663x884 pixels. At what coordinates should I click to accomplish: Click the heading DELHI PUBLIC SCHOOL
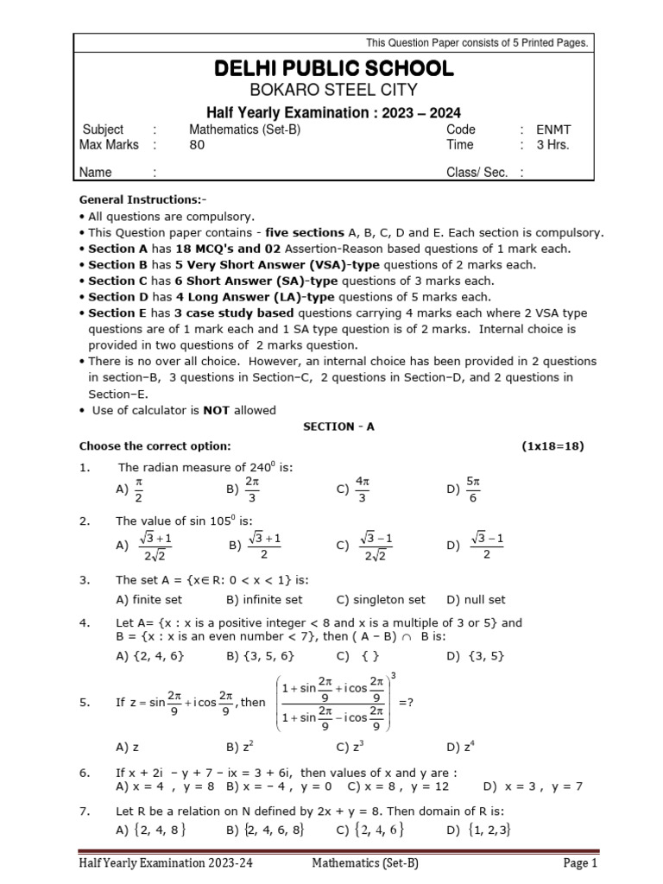click(333, 69)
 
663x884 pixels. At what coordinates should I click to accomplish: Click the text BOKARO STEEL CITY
click(333, 91)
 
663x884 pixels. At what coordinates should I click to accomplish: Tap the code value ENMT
click(552, 129)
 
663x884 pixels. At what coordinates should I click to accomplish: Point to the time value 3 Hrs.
click(552, 145)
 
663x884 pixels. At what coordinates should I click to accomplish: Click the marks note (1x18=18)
click(552, 445)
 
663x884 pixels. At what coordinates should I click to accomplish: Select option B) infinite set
click(264, 599)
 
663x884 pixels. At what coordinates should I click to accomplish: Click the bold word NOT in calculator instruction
click(216, 410)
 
